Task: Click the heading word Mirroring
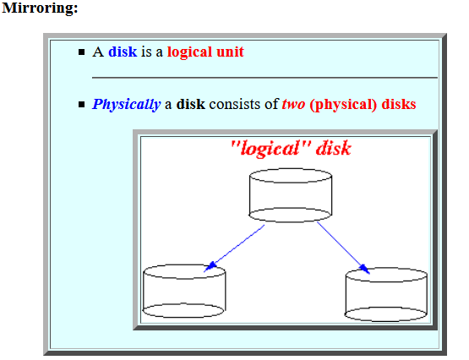(40, 8)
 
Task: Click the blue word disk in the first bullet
(123, 52)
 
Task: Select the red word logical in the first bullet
(189, 52)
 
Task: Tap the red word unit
(230, 52)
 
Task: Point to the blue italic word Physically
(126, 105)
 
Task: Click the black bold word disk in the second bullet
(190, 104)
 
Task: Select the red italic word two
(293, 105)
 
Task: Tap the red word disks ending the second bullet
(399, 104)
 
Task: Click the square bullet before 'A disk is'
(81, 52)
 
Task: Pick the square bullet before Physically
(81, 105)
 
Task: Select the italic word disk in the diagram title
(334, 148)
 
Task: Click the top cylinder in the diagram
(291, 195)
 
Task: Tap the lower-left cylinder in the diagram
(184, 291)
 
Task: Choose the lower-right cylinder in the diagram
(386, 295)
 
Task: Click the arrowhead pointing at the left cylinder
(210, 267)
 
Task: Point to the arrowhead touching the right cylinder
(364, 269)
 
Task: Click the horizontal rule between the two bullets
(264, 78)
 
